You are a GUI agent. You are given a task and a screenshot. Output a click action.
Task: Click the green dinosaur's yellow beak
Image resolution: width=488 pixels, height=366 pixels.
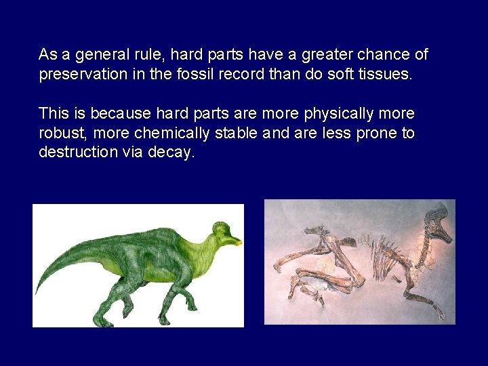point(235,241)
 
